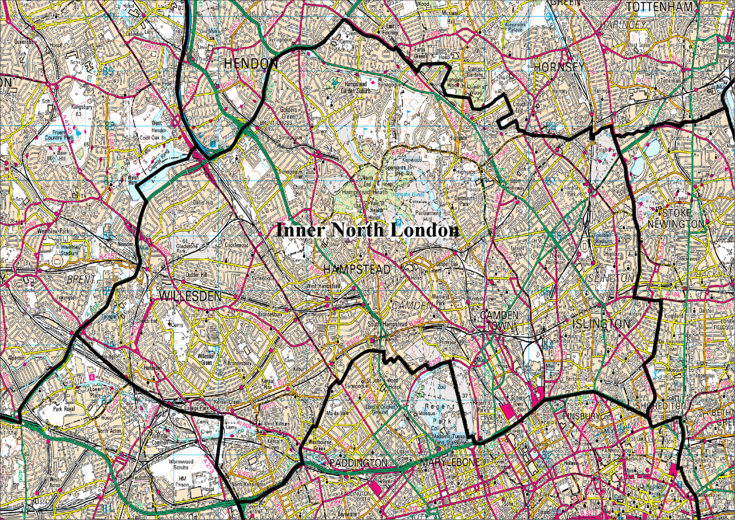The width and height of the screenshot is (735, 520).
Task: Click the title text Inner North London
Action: tap(367, 230)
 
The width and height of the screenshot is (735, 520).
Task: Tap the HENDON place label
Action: tap(251, 64)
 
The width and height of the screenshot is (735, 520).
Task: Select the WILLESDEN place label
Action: tap(190, 297)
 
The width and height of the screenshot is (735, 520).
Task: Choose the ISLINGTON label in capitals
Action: tap(601, 324)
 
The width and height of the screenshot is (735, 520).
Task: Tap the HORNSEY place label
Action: tap(559, 67)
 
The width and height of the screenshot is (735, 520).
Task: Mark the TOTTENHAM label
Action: tap(659, 7)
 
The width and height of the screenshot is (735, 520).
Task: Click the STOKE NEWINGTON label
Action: tap(677, 218)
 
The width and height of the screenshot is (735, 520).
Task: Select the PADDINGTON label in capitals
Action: tap(358, 463)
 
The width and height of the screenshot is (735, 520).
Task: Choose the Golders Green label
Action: tap(289, 113)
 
